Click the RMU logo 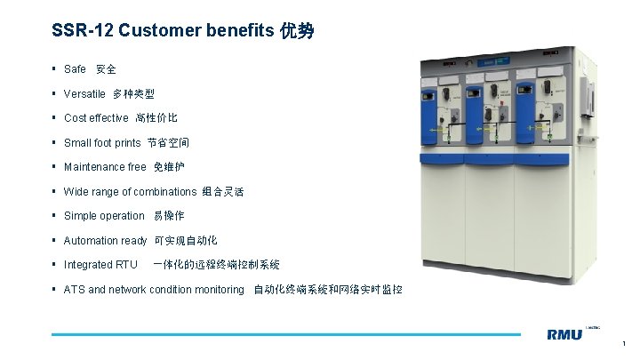pos(564,334)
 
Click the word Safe pos(75,69)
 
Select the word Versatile pos(84,93)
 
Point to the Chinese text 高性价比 pos(156,118)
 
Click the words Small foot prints pos(102,142)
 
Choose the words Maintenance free pos(105,167)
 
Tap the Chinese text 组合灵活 pos(223,192)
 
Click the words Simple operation pos(104,216)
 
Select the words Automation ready pos(105,241)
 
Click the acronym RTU pos(127,265)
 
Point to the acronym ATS pos(75,290)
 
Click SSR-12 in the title pos(82,31)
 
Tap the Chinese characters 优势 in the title pos(297,31)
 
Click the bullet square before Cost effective pos(55,118)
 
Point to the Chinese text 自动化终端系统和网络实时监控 pos(328,290)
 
